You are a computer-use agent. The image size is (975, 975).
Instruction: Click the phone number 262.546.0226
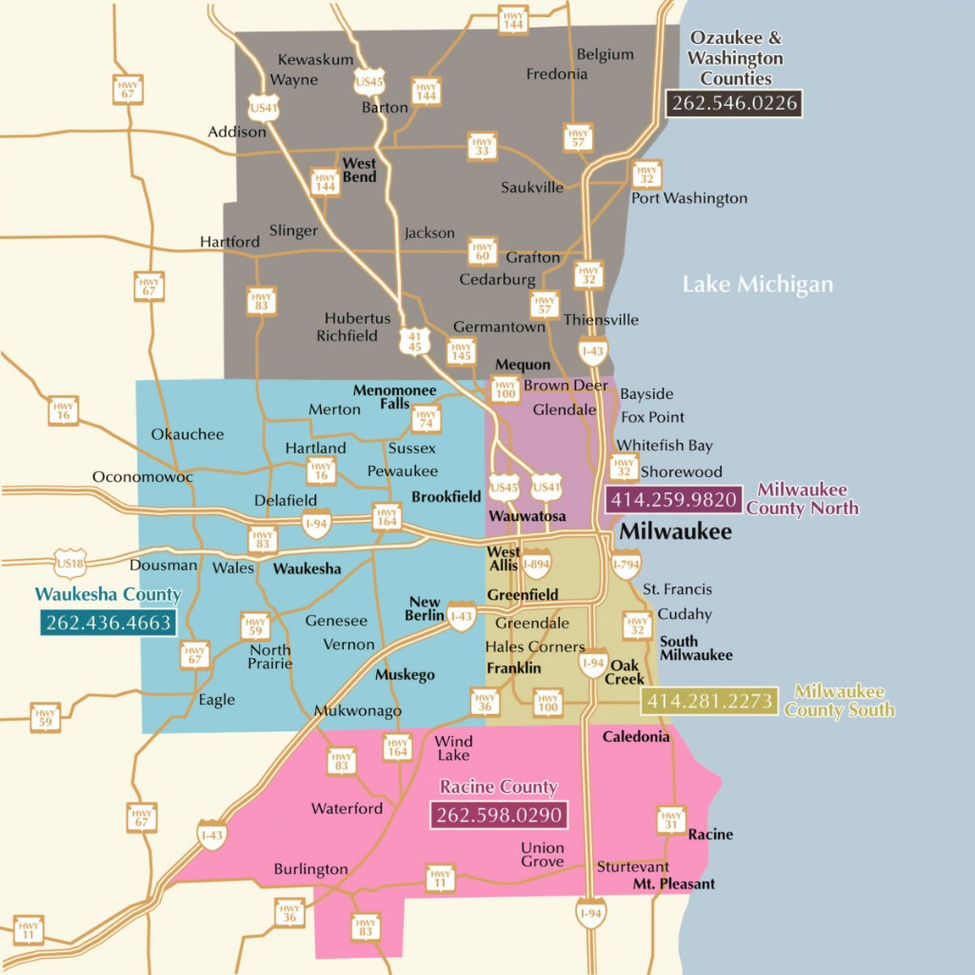(734, 103)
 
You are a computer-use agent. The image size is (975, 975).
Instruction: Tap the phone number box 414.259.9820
(674, 500)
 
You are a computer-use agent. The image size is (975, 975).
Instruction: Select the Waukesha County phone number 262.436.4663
(107, 624)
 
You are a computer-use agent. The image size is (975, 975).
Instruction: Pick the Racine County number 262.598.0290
(499, 816)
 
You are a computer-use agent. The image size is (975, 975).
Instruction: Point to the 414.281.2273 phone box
(710, 702)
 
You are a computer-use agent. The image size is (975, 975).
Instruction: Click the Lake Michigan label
(757, 285)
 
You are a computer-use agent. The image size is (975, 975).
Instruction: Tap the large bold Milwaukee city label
(675, 531)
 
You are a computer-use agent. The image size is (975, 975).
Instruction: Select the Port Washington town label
(689, 198)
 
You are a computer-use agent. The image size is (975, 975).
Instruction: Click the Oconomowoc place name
(142, 476)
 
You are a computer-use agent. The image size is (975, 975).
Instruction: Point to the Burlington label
(310, 869)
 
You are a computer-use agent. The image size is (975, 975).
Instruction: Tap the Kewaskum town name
(315, 59)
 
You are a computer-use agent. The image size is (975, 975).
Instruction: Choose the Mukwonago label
(358, 711)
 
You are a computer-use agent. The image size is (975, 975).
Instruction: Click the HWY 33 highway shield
(482, 146)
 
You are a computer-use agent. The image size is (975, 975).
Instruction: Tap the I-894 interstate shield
(537, 564)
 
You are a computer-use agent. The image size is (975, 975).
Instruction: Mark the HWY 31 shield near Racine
(671, 820)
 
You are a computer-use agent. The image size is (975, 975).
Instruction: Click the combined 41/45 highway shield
(413, 342)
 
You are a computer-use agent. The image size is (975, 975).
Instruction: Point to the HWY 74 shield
(426, 418)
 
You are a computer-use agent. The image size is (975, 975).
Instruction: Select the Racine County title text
(498, 786)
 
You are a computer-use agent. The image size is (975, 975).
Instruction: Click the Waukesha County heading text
(108, 595)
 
